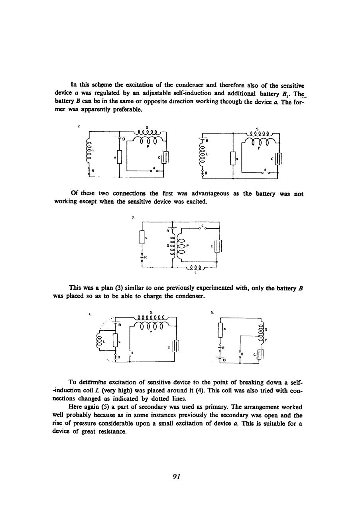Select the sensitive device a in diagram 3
pos(141,238)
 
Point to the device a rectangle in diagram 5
pos(220,330)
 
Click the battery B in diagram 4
pos(115,323)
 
